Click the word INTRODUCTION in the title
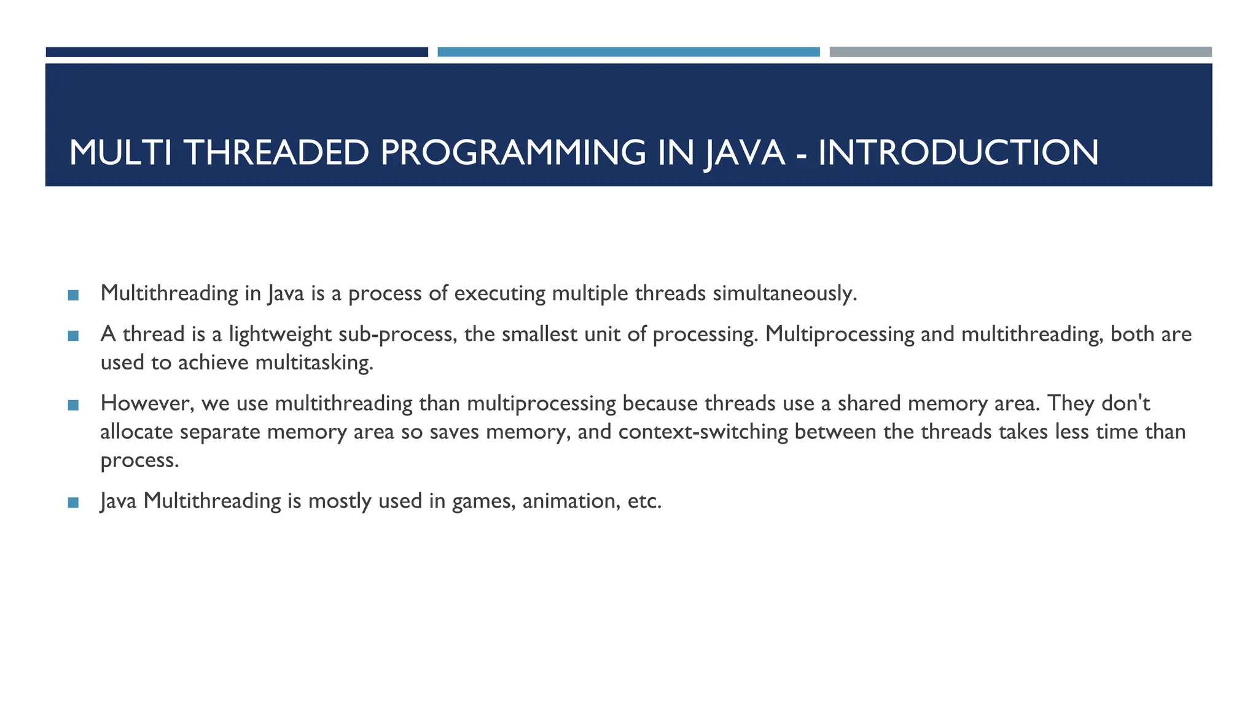pos(958,152)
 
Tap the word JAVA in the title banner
pos(744,152)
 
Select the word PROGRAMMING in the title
pos(512,152)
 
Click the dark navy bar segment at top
pos(236,52)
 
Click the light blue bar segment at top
pos(628,52)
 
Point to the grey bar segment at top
pos(1020,52)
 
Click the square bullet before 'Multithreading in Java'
pos(74,295)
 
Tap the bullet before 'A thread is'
pos(74,336)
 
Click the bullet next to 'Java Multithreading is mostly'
pos(74,502)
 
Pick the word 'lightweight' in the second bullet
pos(280,335)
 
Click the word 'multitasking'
pos(313,363)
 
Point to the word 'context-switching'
pos(703,431)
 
